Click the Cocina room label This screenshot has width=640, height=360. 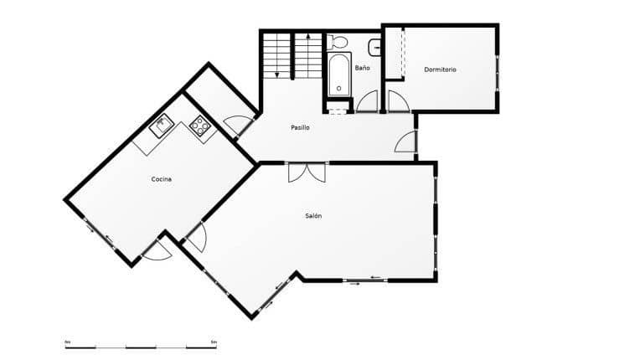(x=162, y=179)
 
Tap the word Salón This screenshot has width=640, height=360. (x=313, y=216)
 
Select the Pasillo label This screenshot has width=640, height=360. (x=300, y=128)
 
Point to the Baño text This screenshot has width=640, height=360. (x=362, y=67)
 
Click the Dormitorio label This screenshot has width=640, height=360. (x=440, y=69)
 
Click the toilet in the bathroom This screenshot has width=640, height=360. (x=338, y=42)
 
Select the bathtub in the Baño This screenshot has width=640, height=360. (x=338, y=75)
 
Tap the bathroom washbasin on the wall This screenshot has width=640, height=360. (x=374, y=47)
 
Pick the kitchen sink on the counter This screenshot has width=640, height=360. (x=160, y=127)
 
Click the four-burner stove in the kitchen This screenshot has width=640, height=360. (x=199, y=126)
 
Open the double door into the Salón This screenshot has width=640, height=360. (x=307, y=172)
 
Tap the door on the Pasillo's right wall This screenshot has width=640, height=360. (x=405, y=142)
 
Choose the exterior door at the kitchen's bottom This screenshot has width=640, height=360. (x=156, y=250)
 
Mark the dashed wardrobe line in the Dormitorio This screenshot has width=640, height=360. (x=403, y=54)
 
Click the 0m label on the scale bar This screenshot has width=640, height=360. (x=68, y=342)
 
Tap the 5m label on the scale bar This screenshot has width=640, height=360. (x=213, y=342)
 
